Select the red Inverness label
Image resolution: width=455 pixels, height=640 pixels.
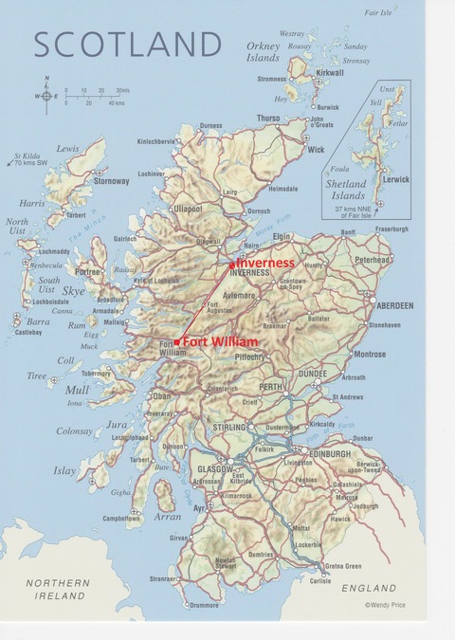click(x=264, y=263)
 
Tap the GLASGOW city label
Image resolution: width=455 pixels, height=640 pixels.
click(x=215, y=468)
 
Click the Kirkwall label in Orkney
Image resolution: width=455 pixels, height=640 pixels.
click(x=331, y=72)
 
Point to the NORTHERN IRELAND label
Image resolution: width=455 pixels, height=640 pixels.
click(x=58, y=589)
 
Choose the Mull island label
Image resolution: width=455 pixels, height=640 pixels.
click(x=78, y=390)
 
